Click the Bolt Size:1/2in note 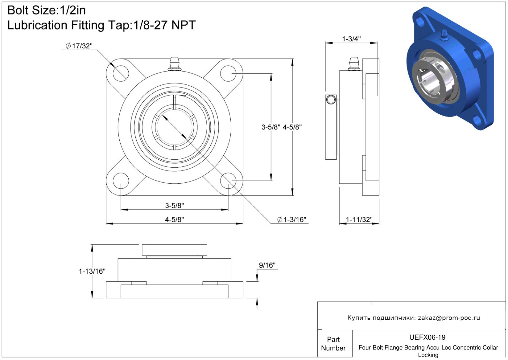tap(47, 10)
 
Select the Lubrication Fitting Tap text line tap(101, 25)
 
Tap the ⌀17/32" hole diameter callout tap(79, 46)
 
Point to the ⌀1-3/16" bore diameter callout tap(292, 219)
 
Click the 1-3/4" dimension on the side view tap(351, 39)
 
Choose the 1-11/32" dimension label tap(359, 219)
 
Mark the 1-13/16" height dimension tap(92, 271)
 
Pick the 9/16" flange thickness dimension tap(267, 265)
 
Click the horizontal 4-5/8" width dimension tap(174, 219)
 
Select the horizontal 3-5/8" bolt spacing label tap(174, 206)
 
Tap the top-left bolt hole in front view tap(121, 73)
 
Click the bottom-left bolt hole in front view tap(121, 181)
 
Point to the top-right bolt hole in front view tap(228, 73)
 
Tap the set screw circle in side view tap(331, 100)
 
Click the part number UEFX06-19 tap(427, 337)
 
